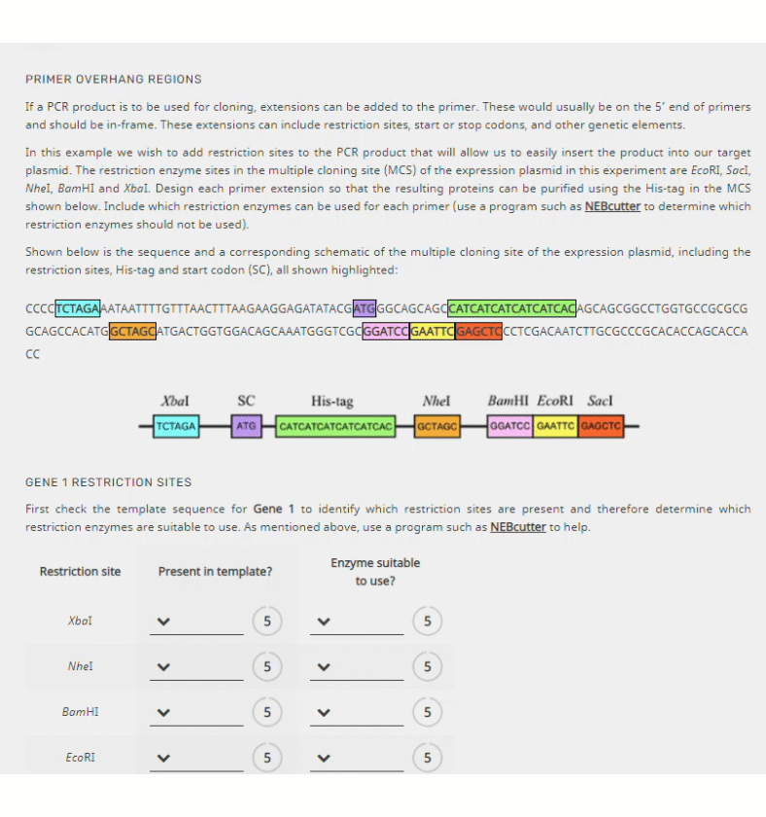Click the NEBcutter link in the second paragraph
point(612,206)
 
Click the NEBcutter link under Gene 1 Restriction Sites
point(517,527)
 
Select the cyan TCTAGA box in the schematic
point(176,426)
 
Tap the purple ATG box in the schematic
point(246,426)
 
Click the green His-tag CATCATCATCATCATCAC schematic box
point(335,426)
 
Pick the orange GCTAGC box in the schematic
point(437,426)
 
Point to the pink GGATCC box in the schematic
point(510,426)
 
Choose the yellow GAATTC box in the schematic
point(555,426)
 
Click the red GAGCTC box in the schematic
point(600,426)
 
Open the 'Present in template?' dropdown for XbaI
point(196,622)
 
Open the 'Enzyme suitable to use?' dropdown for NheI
point(357,667)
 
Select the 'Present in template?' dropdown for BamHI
point(196,713)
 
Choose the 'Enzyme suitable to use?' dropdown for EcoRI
point(357,758)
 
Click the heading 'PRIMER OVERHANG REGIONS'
point(114,79)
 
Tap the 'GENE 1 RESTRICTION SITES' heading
point(108,481)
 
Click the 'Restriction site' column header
point(80,571)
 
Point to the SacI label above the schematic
point(600,401)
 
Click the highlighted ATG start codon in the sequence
point(365,308)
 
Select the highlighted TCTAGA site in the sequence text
point(78,308)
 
